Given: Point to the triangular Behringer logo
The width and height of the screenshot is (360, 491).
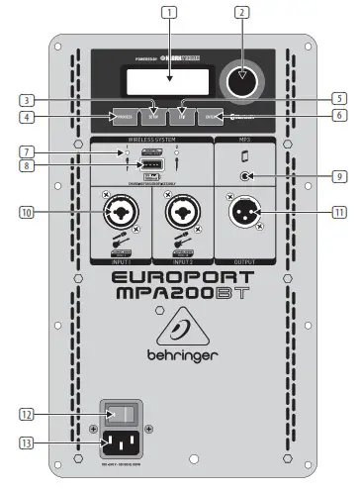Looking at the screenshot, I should pos(180,328).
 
